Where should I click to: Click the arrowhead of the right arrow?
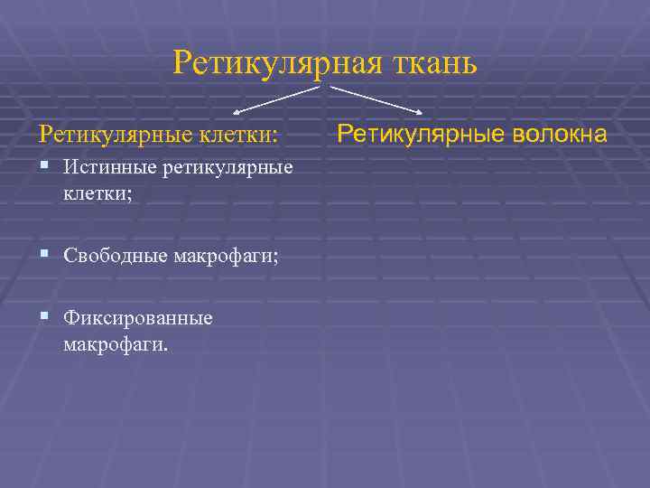tap(421, 112)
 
